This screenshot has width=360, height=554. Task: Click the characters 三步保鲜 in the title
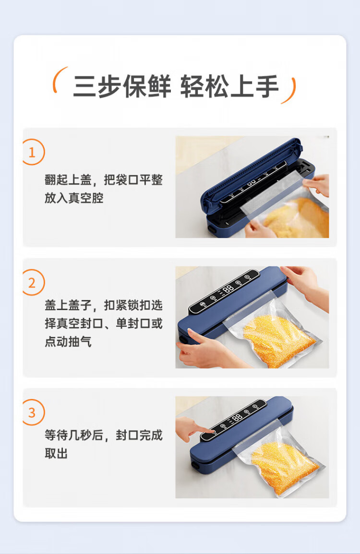(122, 86)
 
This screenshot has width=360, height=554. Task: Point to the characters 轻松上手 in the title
(229, 86)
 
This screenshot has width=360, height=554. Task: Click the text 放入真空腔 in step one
(74, 198)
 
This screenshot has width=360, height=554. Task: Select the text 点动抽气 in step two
(68, 341)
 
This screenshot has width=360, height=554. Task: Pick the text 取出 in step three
(56, 453)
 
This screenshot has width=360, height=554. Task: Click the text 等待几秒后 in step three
(74, 435)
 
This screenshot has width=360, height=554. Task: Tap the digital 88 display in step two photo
(228, 289)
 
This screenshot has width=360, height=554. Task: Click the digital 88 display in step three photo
(237, 417)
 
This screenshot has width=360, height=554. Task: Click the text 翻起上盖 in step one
(68, 180)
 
